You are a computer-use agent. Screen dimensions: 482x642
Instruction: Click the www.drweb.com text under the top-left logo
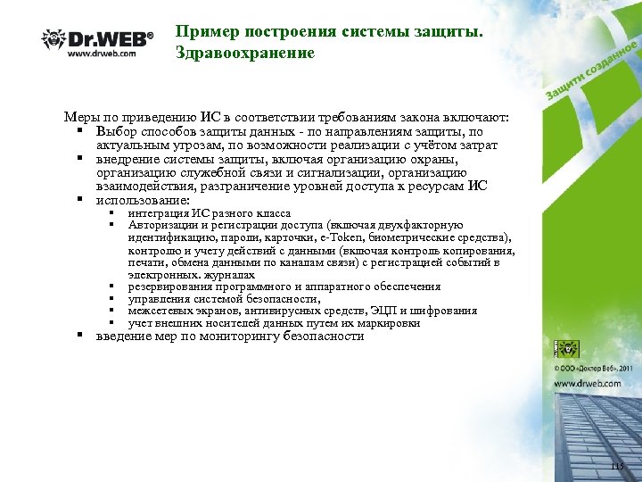click(x=102, y=53)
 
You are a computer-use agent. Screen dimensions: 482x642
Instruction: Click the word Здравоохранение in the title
click(x=245, y=53)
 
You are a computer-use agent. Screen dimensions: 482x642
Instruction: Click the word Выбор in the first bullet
click(x=115, y=132)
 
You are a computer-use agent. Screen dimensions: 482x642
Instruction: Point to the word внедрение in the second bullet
click(x=128, y=160)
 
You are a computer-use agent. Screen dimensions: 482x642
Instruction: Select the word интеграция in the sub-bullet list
click(x=156, y=214)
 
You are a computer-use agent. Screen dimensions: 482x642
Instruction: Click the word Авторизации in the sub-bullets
click(x=161, y=226)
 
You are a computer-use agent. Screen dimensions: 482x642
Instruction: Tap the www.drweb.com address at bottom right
click(x=593, y=384)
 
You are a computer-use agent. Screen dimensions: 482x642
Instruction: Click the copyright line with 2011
click(x=592, y=368)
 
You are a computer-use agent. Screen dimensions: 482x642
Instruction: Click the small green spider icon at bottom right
click(x=565, y=349)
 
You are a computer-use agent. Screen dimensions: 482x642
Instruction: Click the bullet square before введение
click(x=79, y=337)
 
